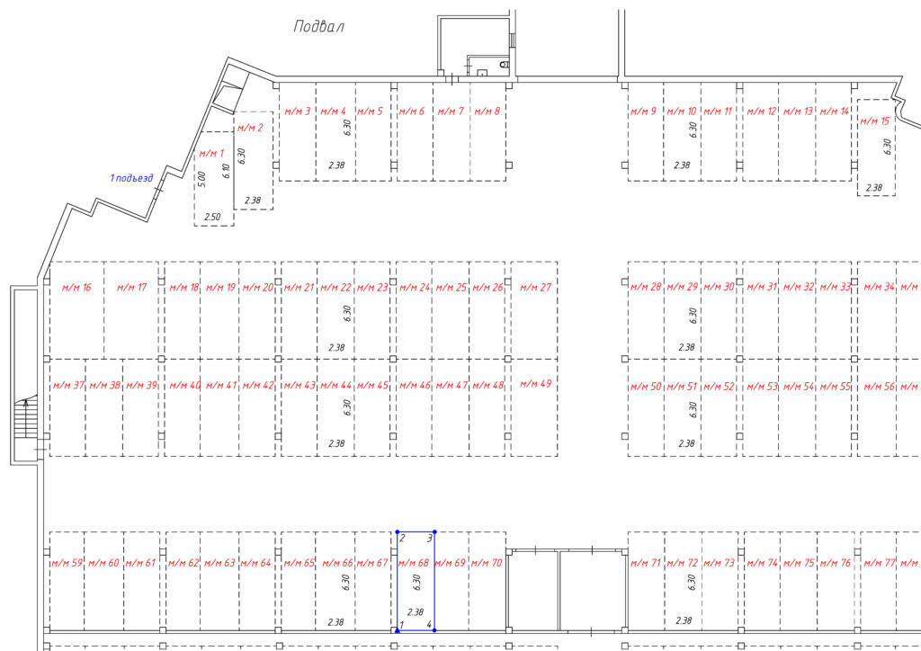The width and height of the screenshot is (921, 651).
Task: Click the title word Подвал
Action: click(318, 26)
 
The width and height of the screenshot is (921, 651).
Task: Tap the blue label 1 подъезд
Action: click(131, 178)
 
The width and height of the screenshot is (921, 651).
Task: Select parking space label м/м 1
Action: click(211, 153)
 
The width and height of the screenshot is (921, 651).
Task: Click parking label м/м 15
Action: click(874, 120)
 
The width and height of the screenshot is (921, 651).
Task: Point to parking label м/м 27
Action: click(536, 287)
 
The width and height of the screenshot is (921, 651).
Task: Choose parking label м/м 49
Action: click(536, 383)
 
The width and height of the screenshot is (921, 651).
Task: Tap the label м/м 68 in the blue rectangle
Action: click(414, 562)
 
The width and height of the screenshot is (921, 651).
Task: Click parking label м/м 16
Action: click(76, 287)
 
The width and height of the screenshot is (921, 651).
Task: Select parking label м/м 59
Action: click(67, 563)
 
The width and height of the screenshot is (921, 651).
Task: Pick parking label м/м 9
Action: click(643, 111)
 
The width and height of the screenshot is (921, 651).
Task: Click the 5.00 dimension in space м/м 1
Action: click(202, 179)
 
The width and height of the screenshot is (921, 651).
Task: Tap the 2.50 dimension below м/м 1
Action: click(212, 217)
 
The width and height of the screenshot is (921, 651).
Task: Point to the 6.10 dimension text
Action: click(226, 171)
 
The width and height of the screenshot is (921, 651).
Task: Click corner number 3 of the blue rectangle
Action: click(429, 538)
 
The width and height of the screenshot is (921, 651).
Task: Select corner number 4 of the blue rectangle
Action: click(429, 624)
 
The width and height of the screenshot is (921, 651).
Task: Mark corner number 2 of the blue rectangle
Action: click(402, 538)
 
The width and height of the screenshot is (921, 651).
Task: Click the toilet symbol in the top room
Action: click(504, 64)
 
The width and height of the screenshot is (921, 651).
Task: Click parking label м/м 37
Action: click(68, 385)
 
